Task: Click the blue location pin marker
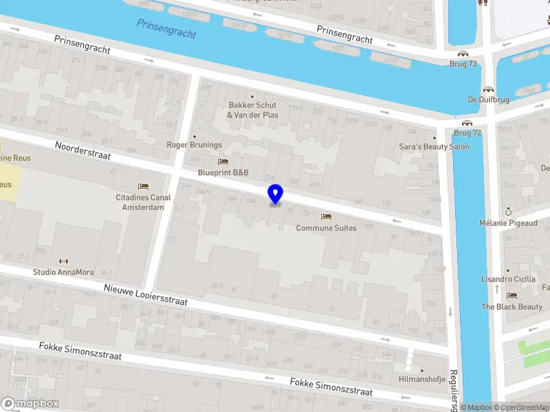coord(275,194)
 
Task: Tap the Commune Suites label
coord(326,228)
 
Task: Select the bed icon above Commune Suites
coord(326,217)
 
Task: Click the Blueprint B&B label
coord(223,172)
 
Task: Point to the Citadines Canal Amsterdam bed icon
coord(143,186)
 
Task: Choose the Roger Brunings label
coord(195,145)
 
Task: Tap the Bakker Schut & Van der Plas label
coord(253,110)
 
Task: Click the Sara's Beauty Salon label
coord(434,146)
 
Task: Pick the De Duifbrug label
coord(488,99)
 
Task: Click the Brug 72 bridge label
coord(467,133)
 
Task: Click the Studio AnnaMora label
coord(64,272)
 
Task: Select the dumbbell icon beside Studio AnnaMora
coord(64,261)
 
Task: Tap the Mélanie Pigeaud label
coord(507,223)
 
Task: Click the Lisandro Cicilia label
coord(507,279)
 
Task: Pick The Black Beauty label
coord(511,307)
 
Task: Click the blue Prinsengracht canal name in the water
coord(166,28)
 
